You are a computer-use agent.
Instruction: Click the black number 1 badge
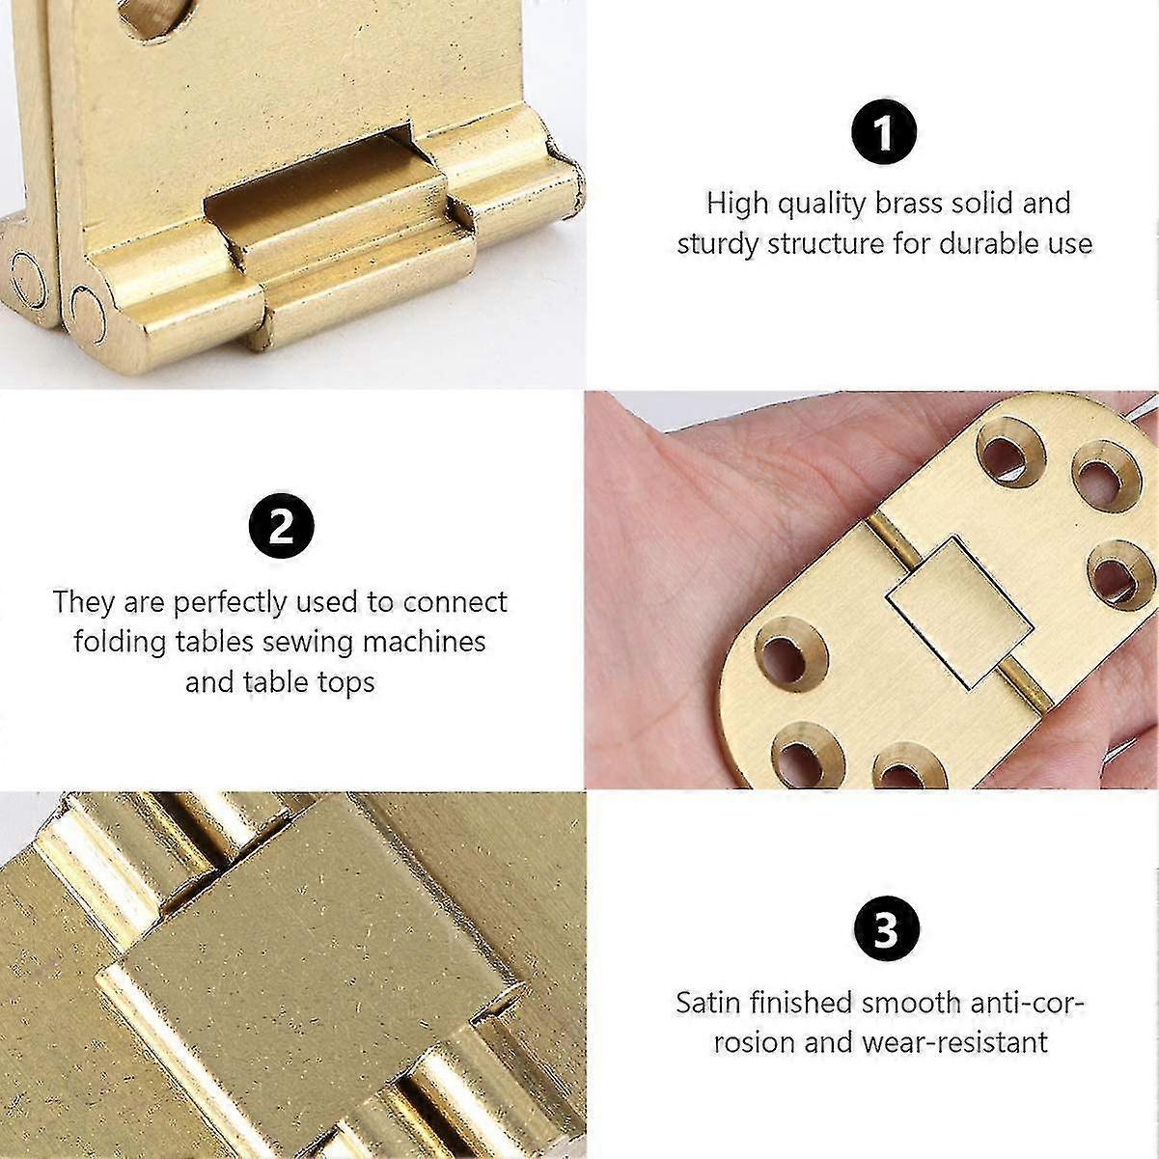[884, 132]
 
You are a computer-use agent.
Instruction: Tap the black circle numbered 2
[281, 528]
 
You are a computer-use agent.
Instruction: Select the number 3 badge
[884, 931]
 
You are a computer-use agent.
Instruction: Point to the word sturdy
[719, 244]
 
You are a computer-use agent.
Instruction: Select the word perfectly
[230, 603]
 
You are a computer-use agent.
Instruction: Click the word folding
[122, 643]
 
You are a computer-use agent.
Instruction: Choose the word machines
[422, 642]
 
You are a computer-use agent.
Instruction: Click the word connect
[455, 603]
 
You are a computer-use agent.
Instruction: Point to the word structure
[826, 244]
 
